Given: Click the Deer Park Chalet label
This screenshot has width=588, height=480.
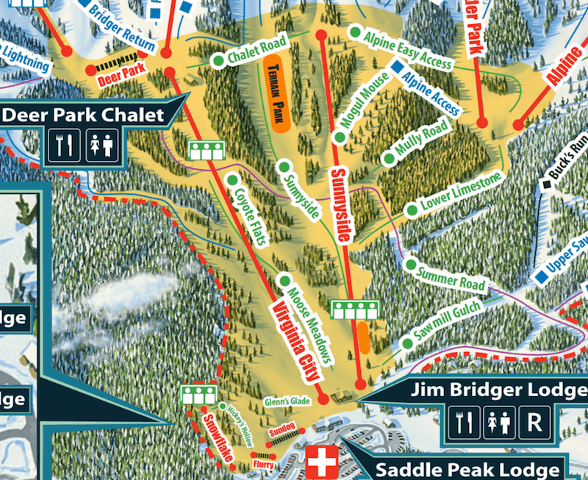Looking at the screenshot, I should (83, 115).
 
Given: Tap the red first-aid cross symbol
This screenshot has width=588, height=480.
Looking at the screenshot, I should (320, 462).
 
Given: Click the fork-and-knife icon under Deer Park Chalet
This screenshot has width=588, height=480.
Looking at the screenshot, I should (64, 146).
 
